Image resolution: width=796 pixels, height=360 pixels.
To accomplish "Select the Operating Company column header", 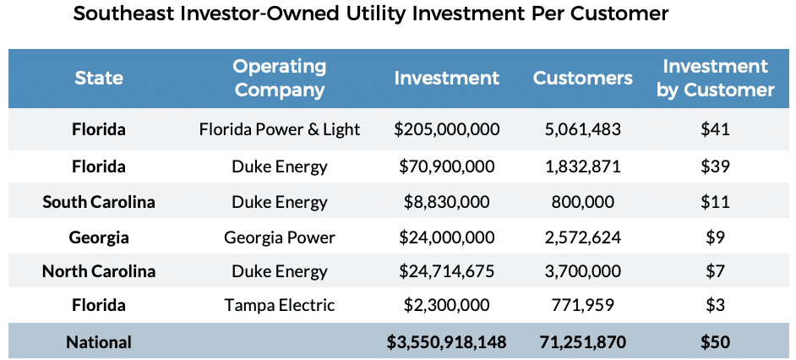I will point(280,78).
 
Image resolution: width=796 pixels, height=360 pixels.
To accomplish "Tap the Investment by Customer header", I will point(716,78).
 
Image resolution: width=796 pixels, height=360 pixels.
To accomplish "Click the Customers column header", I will point(582,78).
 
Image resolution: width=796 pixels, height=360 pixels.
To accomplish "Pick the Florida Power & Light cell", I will point(280,129).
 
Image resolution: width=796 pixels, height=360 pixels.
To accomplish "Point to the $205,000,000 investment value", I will point(447,129).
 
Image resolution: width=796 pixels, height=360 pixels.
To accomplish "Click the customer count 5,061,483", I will point(582,129).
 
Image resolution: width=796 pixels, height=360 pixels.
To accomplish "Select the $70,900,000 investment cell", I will point(447,166).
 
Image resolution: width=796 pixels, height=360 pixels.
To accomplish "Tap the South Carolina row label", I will point(99,202).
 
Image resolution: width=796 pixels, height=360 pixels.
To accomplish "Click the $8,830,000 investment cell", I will point(447,202).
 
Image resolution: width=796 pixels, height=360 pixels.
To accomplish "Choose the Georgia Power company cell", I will point(280,237).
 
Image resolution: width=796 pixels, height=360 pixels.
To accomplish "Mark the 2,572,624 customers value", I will point(582,237).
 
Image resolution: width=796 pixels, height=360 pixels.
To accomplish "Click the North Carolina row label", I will point(99,271).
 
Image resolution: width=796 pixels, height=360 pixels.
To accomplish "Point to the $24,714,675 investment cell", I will point(447,271).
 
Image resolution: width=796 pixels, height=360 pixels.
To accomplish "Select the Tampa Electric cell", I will point(280,306).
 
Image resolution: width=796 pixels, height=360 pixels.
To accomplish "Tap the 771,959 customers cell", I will point(582,306).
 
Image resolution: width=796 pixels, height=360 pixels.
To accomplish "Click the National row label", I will point(99,342).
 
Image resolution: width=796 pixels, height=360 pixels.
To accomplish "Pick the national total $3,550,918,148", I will point(447,342).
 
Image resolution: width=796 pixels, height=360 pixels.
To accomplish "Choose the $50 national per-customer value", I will point(716,342).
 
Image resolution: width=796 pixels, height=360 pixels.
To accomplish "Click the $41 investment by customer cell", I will point(716,129).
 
